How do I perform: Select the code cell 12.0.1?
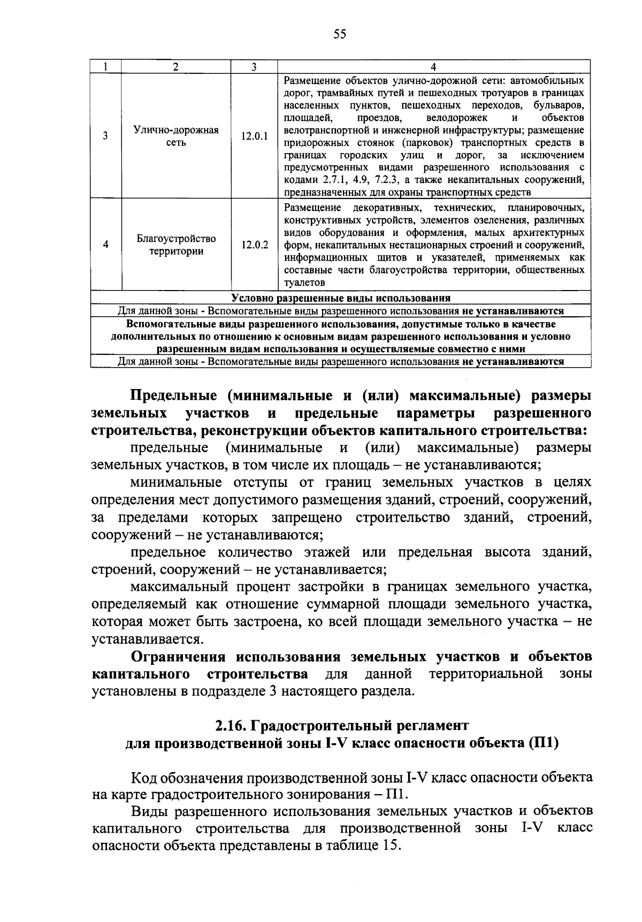(x=254, y=136)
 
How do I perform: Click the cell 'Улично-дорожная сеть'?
(x=176, y=136)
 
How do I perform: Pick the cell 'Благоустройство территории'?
(x=176, y=245)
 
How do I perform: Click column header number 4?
(x=433, y=67)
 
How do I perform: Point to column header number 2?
(x=176, y=67)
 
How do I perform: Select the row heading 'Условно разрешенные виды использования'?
(x=341, y=298)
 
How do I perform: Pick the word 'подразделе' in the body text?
(x=225, y=691)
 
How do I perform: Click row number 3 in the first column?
(x=106, y=136)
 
